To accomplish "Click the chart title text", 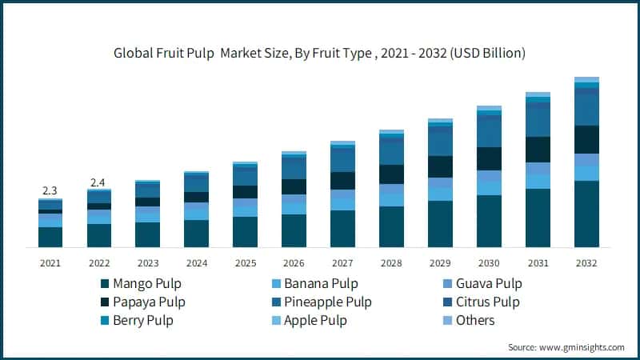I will [319, 54].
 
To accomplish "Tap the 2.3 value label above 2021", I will [50, 190].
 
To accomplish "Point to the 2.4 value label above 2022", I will [98, 182].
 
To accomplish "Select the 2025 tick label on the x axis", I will [245, 262].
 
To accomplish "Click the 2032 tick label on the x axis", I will [586, 262].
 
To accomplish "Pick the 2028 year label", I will [391, 262].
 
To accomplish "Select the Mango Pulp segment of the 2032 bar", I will [586, 214].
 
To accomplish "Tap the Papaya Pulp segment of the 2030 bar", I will [489, 158].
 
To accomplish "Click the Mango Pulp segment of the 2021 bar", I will [50, 237].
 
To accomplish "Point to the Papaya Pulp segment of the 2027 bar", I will [342, 181].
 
